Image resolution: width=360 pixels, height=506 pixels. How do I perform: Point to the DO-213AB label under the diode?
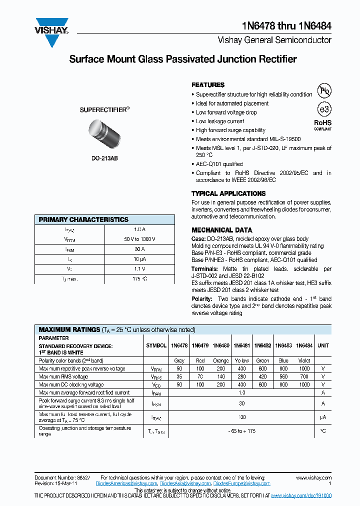pos(104,159)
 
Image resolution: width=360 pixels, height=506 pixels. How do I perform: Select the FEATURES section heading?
pos(208,85)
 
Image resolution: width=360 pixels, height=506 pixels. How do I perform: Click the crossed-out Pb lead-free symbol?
pos(325,90)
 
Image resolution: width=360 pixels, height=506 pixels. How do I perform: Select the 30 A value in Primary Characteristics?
pos(139,248)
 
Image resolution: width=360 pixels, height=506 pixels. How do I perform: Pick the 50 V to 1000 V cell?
pos(139,239)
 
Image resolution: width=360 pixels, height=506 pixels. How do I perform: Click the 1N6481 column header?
pos(242,345)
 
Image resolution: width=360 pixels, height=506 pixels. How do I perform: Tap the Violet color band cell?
pos(304,360)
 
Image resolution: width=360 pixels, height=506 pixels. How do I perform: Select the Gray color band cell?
pos(179,360)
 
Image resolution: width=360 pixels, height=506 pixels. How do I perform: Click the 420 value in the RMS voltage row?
pos(263,376)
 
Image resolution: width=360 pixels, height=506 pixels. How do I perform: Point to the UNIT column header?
pos(323,345)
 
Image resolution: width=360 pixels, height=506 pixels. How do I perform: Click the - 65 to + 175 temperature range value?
pos(242,430)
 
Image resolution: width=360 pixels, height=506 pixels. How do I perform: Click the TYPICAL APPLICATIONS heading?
pos(228,193)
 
